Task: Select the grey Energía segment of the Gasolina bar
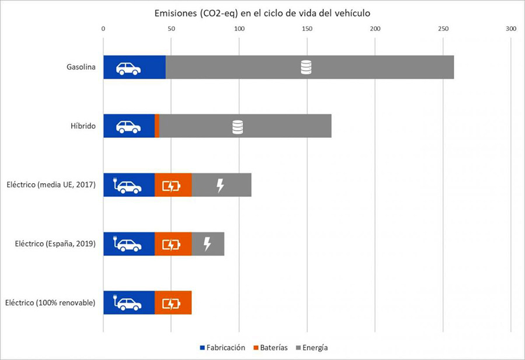coord(362,68)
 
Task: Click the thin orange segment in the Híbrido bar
coord(157,127)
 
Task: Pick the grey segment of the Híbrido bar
coord(280,127)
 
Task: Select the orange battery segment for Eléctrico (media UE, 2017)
coord(173,186)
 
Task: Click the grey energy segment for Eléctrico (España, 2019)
coord(216,244)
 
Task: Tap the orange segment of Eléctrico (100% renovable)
coord(173,303)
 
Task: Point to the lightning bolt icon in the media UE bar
coord(220,186)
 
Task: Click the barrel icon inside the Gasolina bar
coord(306,68)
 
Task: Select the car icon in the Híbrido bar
coord(128,127)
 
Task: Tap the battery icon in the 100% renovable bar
coord(171,303)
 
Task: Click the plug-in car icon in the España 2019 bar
coord(127,244)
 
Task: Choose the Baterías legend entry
coord(269,348)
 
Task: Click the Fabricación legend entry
coord(222,348)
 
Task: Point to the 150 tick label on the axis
coord(307,28)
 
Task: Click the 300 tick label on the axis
coord(511,28)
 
